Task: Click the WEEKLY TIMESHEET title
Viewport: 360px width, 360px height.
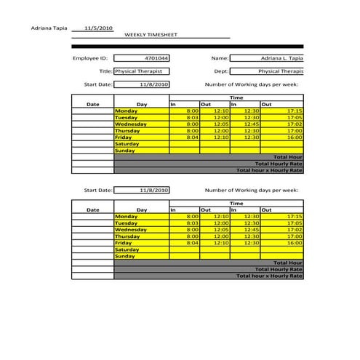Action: [151, 34]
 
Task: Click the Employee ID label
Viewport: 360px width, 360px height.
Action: [90, 57]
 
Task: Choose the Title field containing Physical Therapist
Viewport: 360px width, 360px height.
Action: [142, 71]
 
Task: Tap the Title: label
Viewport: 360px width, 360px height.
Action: [105, 71]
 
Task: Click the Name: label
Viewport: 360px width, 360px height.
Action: [220, 57]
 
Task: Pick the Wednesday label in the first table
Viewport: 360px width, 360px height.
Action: [132, 124]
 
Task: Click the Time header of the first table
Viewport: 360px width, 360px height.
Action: [236, 97]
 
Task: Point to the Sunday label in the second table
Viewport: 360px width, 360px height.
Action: [125, 256]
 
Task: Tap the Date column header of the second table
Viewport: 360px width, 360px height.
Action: [92, 210]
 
